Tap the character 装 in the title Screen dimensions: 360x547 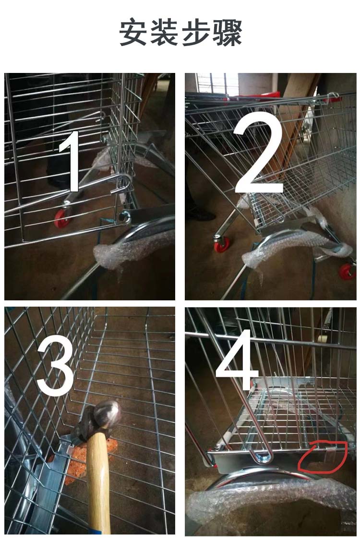(164, 32)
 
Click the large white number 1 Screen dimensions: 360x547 (72, 161)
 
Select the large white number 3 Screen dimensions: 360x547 (55, 369)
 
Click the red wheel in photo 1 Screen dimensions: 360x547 (62, 218)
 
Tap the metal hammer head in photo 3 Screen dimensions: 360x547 (101, 420)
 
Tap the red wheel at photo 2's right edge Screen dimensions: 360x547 (348, 271)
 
